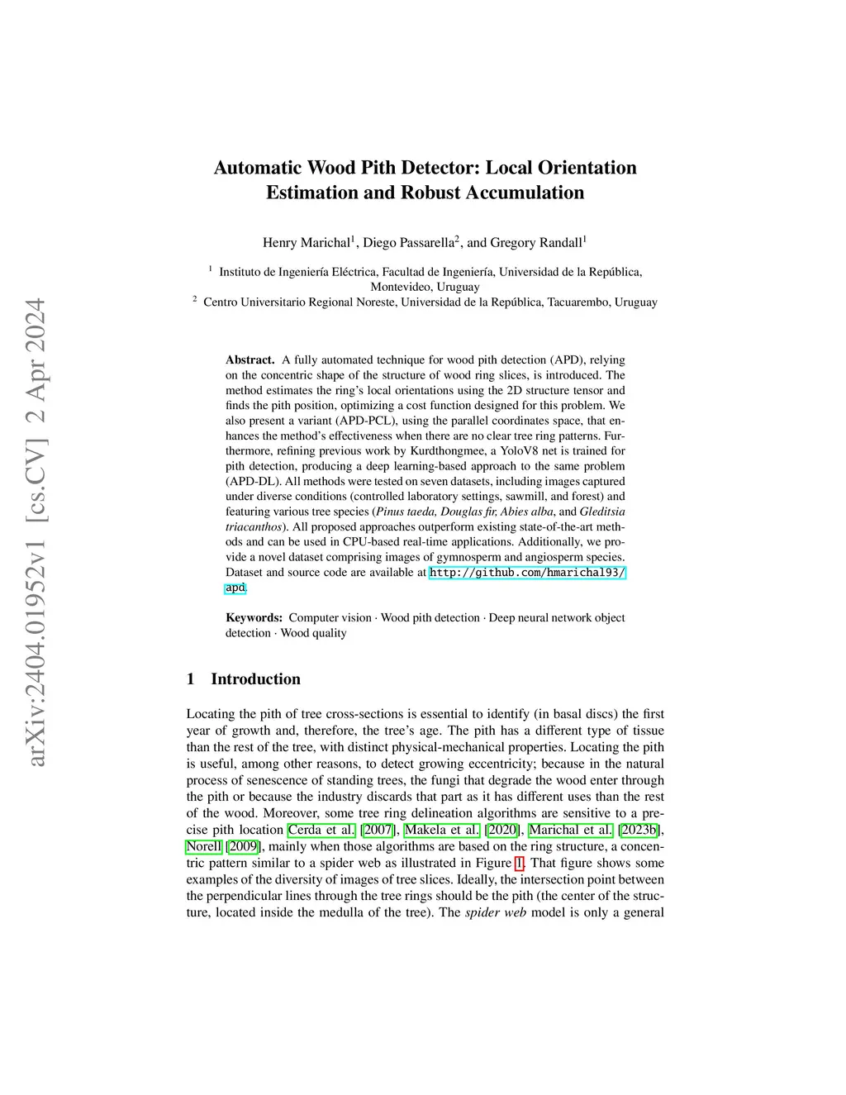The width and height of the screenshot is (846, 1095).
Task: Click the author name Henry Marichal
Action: pyautogui.click(x=306, y=242)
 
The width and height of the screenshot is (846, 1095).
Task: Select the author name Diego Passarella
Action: pyautogui.click(x=408, y=242)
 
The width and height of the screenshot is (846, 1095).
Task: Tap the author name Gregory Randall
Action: pyautogui.click(x=535, y=242)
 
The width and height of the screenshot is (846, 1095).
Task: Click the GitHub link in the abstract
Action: pyautogui.click(x=527, y=572)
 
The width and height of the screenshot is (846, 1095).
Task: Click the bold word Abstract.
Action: pyautogui.click(x=250, y=359)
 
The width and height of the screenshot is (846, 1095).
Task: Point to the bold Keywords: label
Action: pyautogui.click(x=254, y=617)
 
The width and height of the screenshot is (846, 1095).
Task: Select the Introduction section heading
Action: pyautogui.click(x=255, y=678)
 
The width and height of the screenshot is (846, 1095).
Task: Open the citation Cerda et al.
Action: pyautogui.click(x=321, y=830)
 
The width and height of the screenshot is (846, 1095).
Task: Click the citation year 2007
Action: pyautogui.click(x=378, y=830)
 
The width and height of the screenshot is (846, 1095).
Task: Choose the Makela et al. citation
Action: pyautogui.click(x=441, y=830)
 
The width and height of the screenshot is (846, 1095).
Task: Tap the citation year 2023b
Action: pyautogui.click(x=640, y=830)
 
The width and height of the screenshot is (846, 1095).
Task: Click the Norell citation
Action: pyautogui.click(x=203, y=846)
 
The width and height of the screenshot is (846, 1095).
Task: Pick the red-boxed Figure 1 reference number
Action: pyautogui.click(x=519, y=863)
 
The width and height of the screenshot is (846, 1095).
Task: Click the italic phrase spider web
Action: pyautogui.click(x=496, y=912)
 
